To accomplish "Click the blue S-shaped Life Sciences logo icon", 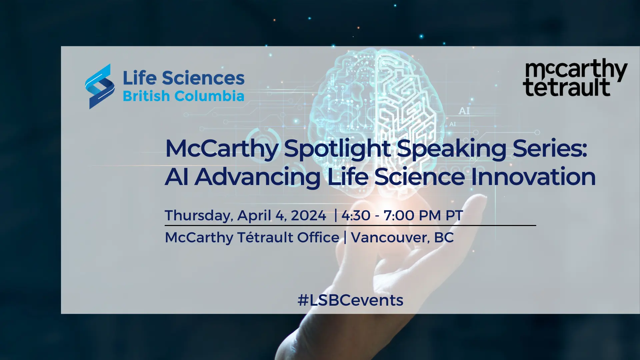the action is click(x=100, y=86).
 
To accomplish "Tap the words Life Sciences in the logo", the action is click(x=184, y=78).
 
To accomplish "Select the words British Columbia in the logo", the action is click(x=184, y=96).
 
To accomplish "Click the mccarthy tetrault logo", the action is click(x=575, y=78).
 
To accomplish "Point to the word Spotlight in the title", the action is click(x=337, y=149).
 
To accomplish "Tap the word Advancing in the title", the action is click(x=257, y=177).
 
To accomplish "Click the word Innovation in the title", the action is click(x=533, y=177).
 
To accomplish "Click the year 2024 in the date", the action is click(x=309, y=215).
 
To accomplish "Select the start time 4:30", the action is click(x=356, y=215).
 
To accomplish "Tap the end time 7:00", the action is click(x=399, y=215).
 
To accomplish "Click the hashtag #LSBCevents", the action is click(x=350, y=300).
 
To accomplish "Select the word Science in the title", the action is click(x=419, y=177).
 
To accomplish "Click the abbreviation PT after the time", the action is click(x=454, y=215).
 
